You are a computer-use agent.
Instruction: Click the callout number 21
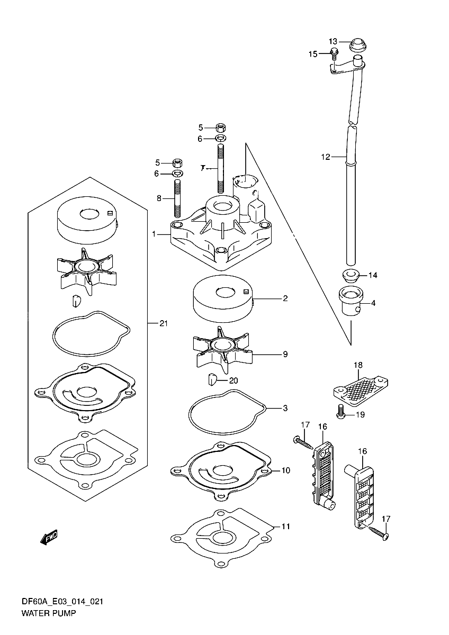click(163, 323)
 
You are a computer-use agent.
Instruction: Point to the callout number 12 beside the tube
click(326, 157)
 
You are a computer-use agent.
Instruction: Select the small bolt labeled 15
click(334, 52)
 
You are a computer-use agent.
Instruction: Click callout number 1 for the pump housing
click(154, 233)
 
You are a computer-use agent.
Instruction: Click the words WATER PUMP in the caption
click(49, 614)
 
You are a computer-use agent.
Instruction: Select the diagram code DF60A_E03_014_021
click(62, 602)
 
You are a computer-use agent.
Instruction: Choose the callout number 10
click(286, 470)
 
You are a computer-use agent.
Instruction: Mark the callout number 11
click(286, 527)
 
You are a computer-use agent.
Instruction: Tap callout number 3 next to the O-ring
click(285, 408)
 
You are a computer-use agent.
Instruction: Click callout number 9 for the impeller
click(285, 354)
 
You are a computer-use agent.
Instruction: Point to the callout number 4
click(373, 303)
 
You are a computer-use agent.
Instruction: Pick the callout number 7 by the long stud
click(203, 168)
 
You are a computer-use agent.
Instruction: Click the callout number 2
click(285, 298)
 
